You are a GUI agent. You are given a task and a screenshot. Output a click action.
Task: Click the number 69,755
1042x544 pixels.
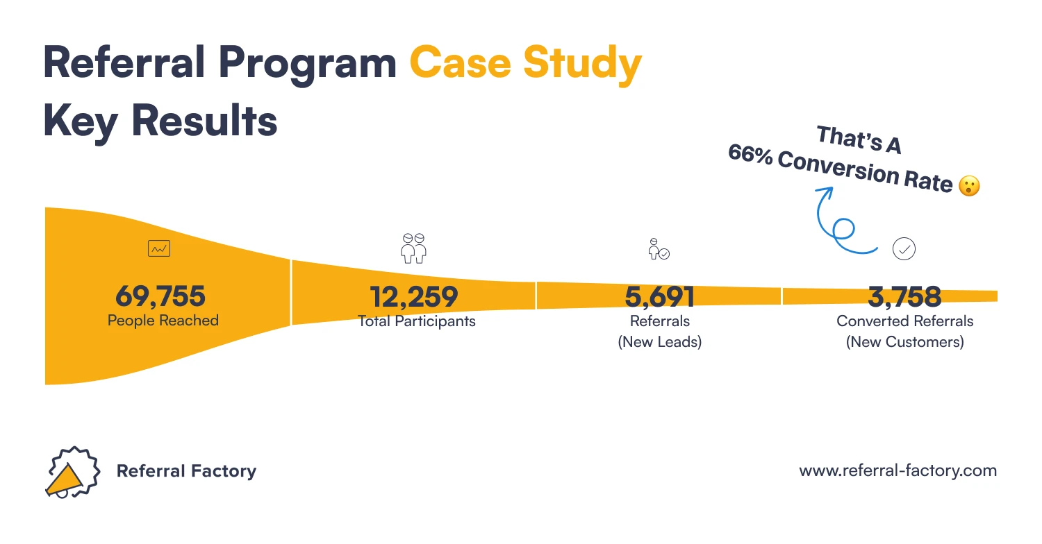160,296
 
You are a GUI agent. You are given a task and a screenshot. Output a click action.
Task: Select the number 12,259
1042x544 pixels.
414,297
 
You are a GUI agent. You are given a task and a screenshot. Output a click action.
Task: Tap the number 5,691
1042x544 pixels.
659,297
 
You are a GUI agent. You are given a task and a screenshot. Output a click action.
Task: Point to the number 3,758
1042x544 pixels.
904,297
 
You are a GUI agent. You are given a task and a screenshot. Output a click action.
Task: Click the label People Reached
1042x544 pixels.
163,321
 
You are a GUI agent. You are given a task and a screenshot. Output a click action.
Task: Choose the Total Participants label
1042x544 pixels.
416,321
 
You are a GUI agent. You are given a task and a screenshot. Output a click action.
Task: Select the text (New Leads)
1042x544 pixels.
659,342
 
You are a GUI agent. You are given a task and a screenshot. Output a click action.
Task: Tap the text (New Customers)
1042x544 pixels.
904,342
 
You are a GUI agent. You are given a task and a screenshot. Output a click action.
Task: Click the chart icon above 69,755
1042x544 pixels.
159,248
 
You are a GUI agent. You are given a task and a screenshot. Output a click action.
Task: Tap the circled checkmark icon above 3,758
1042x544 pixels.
904,248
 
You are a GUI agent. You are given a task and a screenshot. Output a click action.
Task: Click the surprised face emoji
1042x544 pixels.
968,186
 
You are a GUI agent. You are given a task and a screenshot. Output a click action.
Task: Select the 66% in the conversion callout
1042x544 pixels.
750,155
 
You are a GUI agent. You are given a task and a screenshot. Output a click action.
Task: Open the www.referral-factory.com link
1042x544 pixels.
898,470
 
